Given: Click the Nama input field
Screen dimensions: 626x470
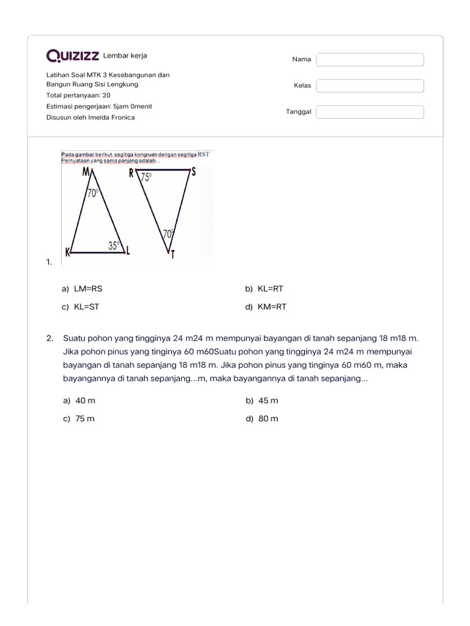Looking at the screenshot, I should (x=370, y=59).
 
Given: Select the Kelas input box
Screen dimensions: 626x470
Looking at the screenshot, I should (x=370, y=86).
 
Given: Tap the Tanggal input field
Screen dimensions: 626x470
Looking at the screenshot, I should (x=370, y=112).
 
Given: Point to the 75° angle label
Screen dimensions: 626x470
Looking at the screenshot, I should (x=147, y=177).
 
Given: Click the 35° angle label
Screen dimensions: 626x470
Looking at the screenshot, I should (x=114, y=246).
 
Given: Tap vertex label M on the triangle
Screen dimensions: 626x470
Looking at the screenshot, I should (x=87, y=172).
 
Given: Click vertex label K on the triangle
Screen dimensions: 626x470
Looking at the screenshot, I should (x=67, y=251).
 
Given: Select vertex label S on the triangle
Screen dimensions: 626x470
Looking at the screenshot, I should (x=193, y=172).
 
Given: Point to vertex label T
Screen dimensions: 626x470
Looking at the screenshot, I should (x=173, y=255).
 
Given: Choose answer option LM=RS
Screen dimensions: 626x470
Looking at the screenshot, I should (x=84, y=289).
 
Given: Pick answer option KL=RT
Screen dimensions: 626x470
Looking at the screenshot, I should (x=270, y=289).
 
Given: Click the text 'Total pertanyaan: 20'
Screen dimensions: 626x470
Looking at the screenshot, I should (x=78, y=95).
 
